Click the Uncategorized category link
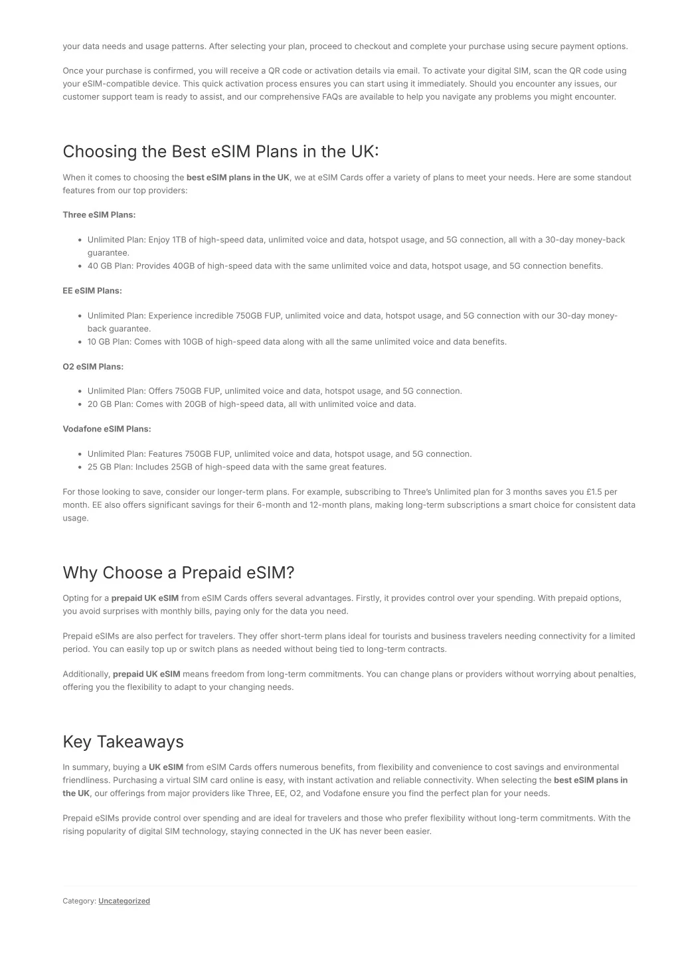(x=124, y=901)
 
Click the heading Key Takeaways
(x=123, y=742)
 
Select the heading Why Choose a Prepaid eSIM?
(x=178, y=573)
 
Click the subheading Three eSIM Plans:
(x=99, y=214)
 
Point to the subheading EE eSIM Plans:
(x=92, y=291)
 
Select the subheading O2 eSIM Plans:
(x=93, y=366)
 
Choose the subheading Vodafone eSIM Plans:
(x=107, y=429)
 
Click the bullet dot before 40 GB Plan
(x=80, y=266)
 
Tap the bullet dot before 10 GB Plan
(x=80, y=343)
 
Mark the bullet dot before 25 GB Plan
(x=80, y=467)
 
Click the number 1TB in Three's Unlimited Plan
(x=179, y=240)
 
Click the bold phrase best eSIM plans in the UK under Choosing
(x=238, y=177)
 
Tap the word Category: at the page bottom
(x=79, y=901)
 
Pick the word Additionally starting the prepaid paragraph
(x=86, y=674)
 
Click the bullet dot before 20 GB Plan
(x=80, y=404)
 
